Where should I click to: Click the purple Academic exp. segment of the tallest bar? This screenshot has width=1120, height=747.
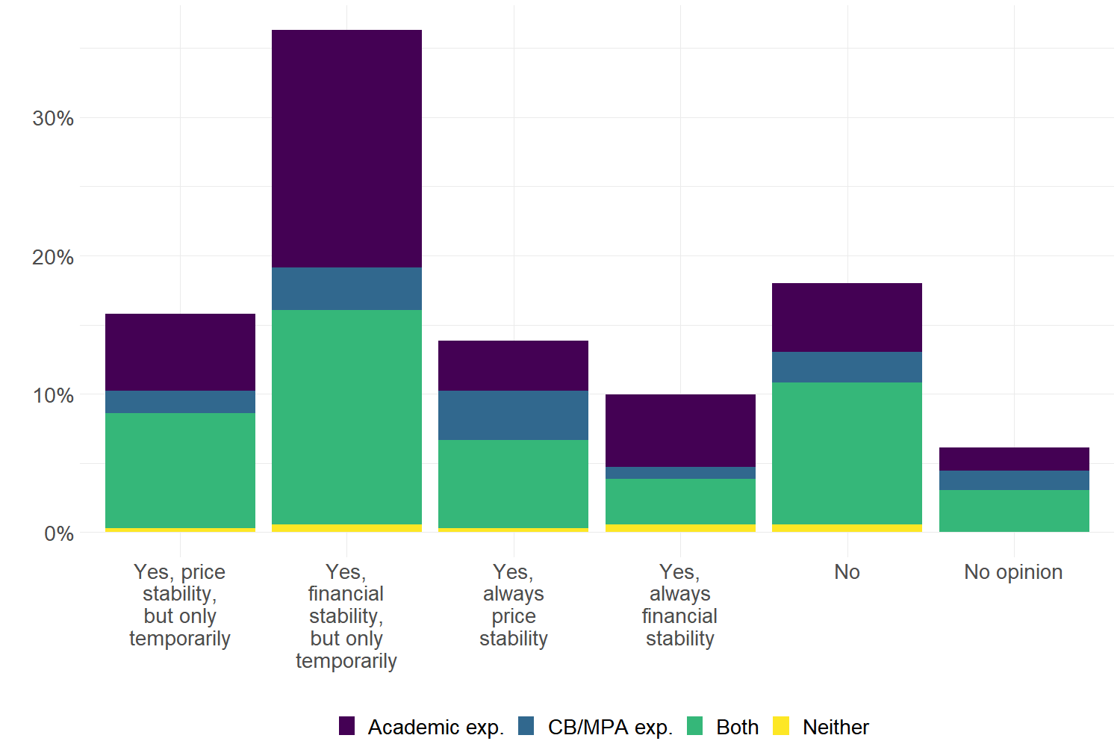(346, 149)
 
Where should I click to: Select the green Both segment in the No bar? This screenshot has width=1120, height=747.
(847, 453)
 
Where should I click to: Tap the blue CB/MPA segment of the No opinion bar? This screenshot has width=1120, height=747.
(1014, 480)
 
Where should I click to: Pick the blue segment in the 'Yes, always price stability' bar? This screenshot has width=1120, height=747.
(513, 415)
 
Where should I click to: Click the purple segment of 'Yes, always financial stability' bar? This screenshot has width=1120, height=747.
(680, 430)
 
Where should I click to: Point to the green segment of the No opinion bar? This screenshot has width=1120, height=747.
(1014, 511)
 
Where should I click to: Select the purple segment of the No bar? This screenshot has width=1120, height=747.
(847, 317)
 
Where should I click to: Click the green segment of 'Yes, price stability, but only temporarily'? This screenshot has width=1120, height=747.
(180, 471)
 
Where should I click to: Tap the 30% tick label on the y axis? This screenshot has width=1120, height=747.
(53, 118)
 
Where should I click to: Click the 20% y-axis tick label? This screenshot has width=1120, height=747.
(53, 257)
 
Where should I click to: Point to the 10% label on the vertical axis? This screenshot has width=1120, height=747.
(53, 395)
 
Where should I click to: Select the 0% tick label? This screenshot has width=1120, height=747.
(59, 533)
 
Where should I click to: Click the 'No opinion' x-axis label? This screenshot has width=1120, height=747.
(1013, 572)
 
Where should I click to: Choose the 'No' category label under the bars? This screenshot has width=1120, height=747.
(847, 572)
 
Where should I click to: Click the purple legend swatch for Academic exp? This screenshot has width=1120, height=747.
(346, 726)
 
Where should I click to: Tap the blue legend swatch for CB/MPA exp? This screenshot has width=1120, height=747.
(526, 726)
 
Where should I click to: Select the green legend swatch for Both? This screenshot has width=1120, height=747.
(695, 726)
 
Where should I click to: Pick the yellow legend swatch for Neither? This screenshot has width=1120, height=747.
(781, 726)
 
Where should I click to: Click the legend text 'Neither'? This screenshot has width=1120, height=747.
(836, 727)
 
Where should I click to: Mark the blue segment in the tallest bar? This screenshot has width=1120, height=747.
(346, 289)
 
